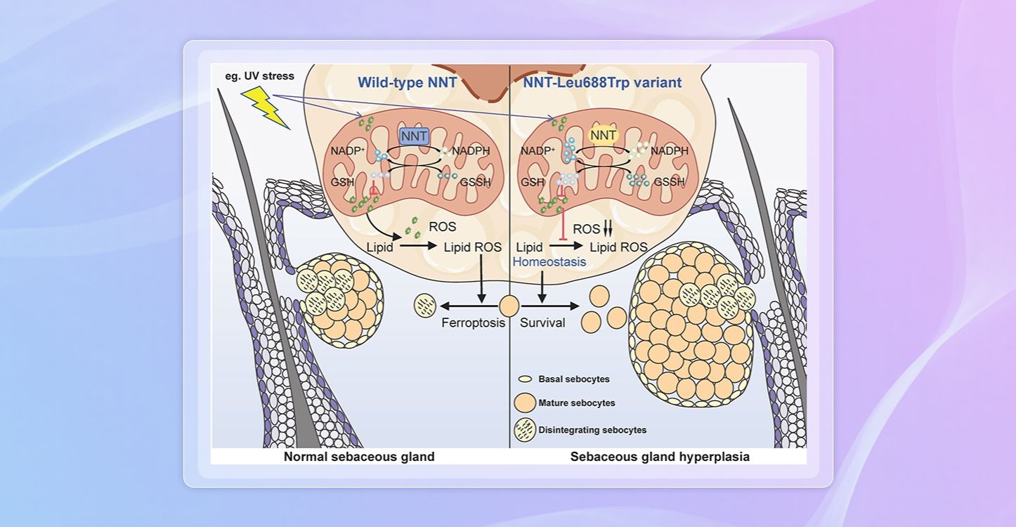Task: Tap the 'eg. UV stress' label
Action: [x=256, y=76]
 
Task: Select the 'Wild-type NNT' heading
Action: [x=408, y=83]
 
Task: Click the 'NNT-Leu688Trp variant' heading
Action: [x=602, y=83]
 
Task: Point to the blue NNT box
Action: [x=414, y=137]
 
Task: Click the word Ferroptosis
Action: [x=474, y=324]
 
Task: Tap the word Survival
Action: [x=542, y=324]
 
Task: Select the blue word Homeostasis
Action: [x=549, y=262]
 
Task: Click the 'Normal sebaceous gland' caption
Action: [x=359, y=457]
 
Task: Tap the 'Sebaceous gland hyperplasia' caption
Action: [x=660, y=457]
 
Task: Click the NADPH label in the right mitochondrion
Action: [x=669, y=151]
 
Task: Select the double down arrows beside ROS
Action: [x=608, y=229]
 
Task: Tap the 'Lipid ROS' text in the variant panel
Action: [x=618, y=247]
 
